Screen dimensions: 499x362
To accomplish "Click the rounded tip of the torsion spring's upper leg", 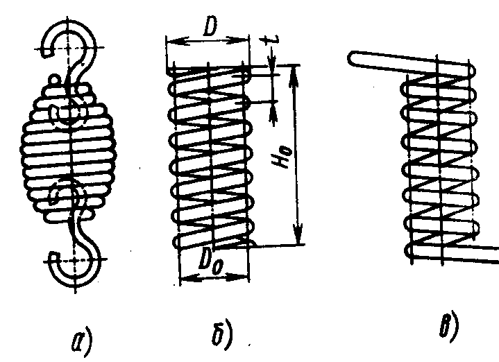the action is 353,57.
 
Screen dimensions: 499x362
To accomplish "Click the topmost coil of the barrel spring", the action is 69,87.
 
